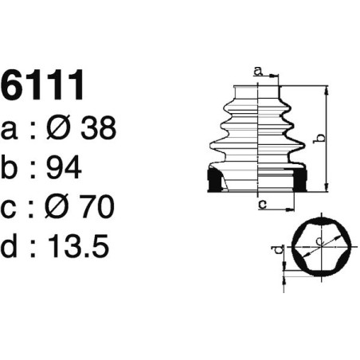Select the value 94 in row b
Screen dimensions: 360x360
65,168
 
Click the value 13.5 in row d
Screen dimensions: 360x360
79,246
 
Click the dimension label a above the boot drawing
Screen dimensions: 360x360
257,71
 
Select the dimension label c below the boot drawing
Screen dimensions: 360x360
262,205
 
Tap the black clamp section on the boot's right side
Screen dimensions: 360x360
302,182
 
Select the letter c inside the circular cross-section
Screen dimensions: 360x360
319,239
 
